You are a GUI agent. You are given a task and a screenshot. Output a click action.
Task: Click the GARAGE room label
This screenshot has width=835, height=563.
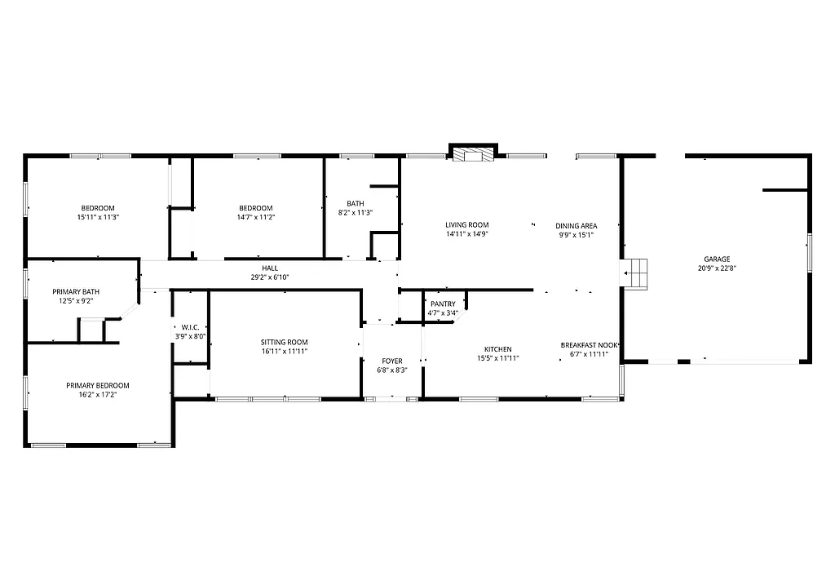(x=718, y=259)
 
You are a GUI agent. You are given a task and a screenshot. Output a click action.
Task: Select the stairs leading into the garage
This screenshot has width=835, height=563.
(x=636, y=273)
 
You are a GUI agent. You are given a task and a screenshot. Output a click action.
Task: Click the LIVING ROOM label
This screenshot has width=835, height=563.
(x=466, y=225)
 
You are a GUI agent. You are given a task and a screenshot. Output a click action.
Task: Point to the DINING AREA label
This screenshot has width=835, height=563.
(x=577, y=226)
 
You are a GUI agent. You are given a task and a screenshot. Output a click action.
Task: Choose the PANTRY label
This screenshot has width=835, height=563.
(x=443, y=304)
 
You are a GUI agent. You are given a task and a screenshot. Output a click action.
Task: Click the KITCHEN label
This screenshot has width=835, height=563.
(x=497, y=349)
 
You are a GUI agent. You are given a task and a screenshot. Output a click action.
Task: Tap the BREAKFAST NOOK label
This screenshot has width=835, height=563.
(x=589, y=345)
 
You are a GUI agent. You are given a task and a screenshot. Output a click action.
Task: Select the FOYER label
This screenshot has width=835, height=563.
(x=392, y=361)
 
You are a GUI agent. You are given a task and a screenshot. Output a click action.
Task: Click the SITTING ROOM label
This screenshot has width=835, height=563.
(x=284, y=342)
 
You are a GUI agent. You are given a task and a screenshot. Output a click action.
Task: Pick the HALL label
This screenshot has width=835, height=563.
(x=269, y=268)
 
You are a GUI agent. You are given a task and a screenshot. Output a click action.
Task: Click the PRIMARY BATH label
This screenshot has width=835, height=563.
(x=76, y=291)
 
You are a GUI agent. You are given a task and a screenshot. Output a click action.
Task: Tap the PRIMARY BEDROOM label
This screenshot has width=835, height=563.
(x=98, y=385)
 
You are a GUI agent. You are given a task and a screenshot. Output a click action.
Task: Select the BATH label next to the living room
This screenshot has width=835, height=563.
(x=355, y=204)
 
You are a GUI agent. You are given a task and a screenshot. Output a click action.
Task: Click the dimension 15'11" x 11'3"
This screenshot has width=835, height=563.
(x=98, y=217)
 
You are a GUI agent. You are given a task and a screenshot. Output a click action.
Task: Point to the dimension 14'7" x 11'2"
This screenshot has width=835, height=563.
(x=255, y=217)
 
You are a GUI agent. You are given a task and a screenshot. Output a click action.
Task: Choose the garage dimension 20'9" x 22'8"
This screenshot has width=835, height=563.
(x=718, y=268)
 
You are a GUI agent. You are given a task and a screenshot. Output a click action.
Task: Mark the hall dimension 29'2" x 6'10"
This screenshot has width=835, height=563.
(x=269, y=277)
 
